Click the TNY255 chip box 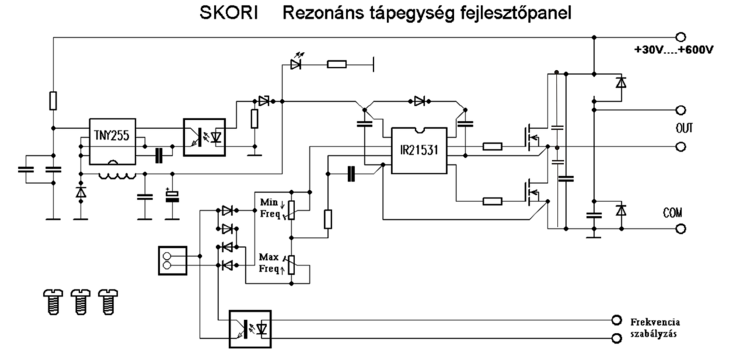tap(113, 141)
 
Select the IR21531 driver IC tap(419, 151)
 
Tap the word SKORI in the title tap(229, 13)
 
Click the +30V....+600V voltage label tap(673, 50)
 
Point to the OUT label tap(685, 128)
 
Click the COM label tap(672, 212)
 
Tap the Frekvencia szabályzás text tap(655, 328)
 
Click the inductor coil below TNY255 tap(117, 176)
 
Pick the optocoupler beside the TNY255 tap(204, 137)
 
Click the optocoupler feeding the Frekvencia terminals tap(250, 329)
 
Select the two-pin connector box tap(172, 261)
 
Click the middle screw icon tap(81, 302)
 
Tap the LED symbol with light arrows tap(296, 61)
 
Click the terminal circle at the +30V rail tap(680, 37)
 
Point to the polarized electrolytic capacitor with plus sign tap(172, 195)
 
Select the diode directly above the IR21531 tap(420, 101)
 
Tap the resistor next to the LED tap(337, 64)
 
